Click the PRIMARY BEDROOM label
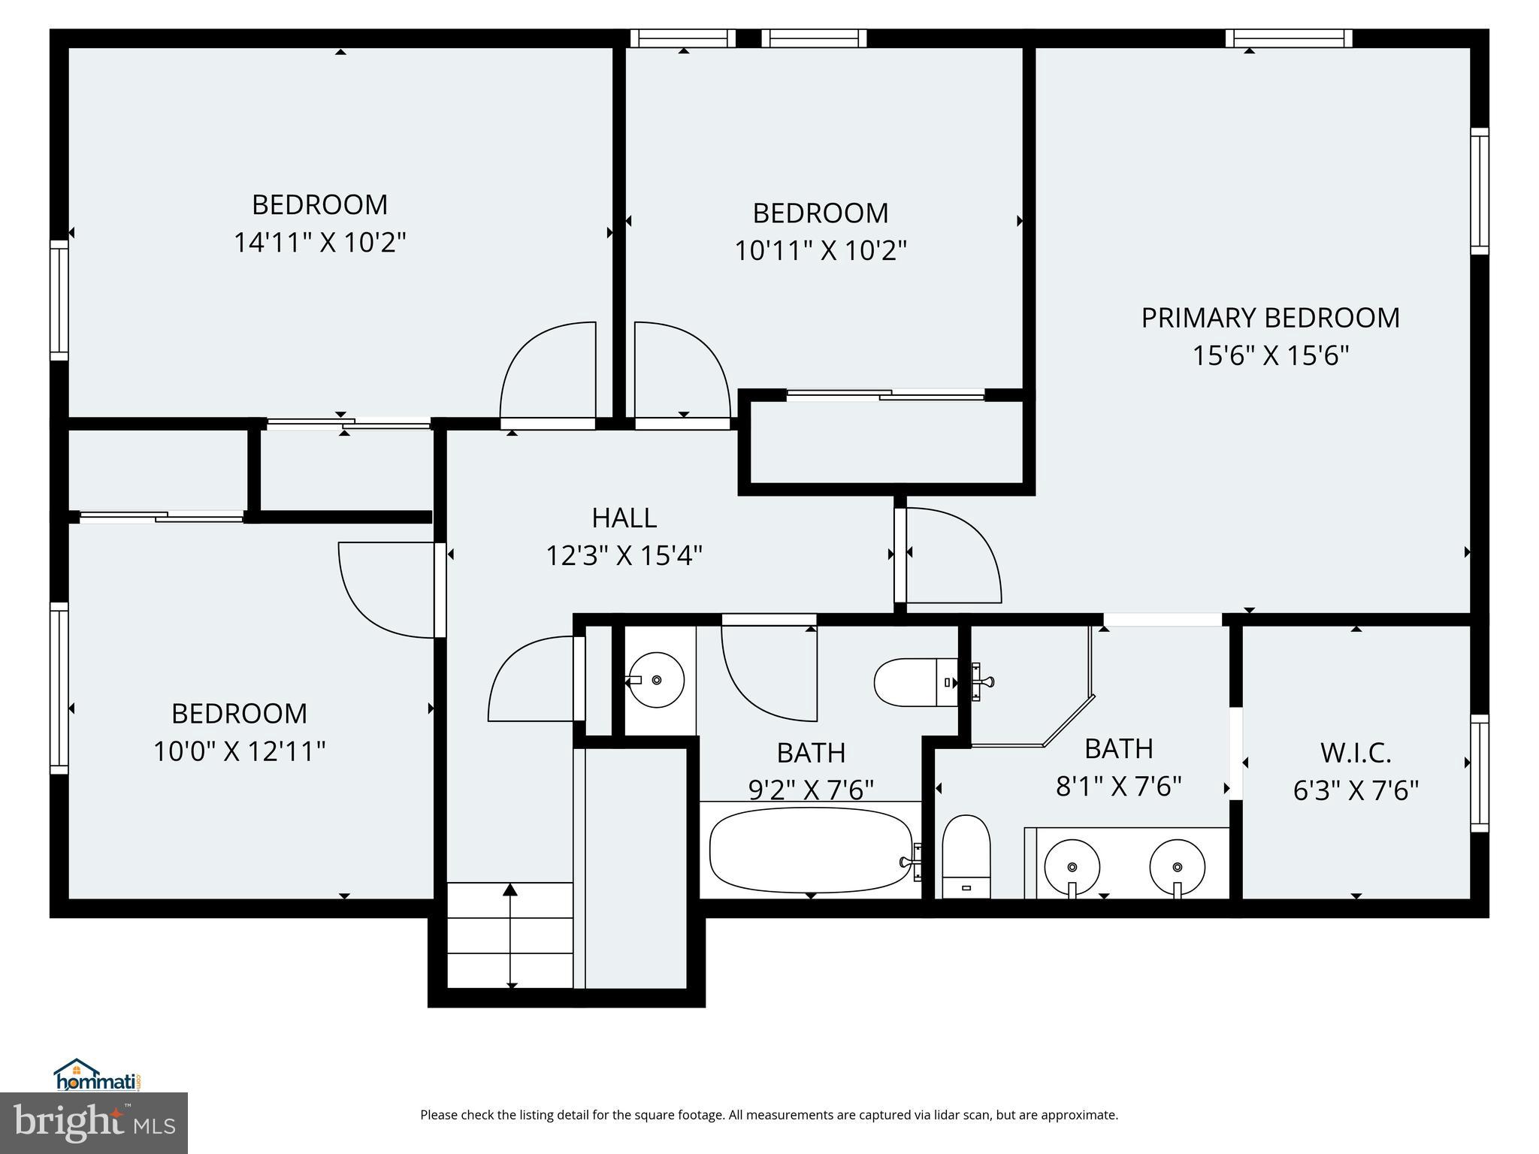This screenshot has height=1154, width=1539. pos(1270,318)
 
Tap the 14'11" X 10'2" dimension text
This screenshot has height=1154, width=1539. pos(319,243)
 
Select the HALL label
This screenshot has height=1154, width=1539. pos(624,518)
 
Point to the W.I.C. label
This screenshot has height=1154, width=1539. pos(1356,752)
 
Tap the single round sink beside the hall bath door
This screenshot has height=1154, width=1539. pos(656,680)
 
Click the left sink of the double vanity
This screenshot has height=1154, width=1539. pos(1072,866)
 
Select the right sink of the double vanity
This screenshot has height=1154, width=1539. pos(1177,866)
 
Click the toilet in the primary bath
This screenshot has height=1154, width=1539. pos(966,856)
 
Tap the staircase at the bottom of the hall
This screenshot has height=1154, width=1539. pos(510,935)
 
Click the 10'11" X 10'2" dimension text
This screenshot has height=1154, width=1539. pos(820,250)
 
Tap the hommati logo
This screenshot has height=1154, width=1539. pos(98,1075)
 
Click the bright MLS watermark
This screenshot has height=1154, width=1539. pos(94,1123)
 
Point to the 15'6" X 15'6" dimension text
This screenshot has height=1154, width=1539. pos(1270,355)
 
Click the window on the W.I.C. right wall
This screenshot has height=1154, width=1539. pos(1479,773)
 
